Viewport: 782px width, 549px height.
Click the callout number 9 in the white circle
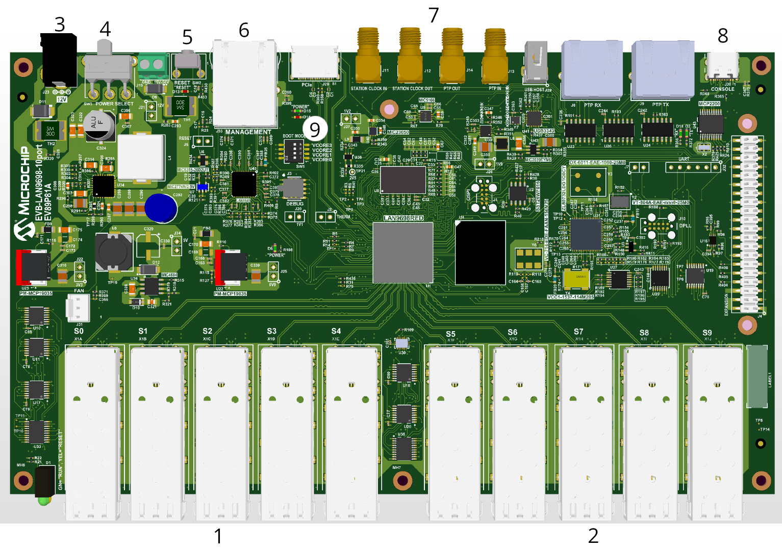pyautogui.click(x=315, y=130)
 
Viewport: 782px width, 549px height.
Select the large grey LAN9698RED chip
pyautogui.click(x=403, y=252)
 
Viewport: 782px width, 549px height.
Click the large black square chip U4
pyautogui.click(x=480, y=252)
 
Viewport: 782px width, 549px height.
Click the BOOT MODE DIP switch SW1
pyautogui.click(x=294, y=151)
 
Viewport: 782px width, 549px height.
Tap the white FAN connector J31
pyautogui.click(x=78, y=308)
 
